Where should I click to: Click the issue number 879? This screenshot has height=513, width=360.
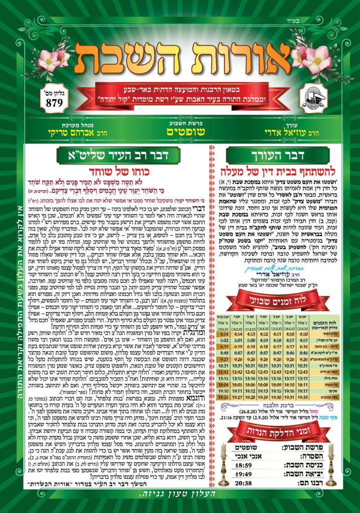(x=54, y=103)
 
